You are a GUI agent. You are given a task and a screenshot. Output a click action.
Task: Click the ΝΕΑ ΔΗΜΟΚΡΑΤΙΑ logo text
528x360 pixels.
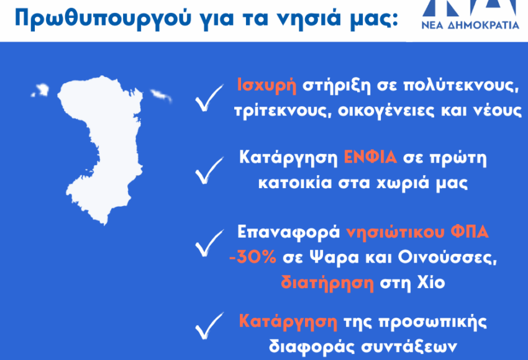point(470,25)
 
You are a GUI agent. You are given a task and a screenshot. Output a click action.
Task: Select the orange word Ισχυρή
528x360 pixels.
point(266,85)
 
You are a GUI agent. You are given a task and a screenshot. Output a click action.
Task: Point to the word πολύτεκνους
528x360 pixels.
point(461,85)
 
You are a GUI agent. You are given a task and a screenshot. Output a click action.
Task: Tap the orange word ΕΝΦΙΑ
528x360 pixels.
point(370,157)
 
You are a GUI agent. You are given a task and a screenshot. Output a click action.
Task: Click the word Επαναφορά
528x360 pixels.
point(289,232)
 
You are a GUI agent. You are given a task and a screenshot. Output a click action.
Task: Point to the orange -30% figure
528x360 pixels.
point(253,258)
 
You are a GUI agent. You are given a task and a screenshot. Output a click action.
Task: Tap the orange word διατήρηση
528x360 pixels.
point(327,283)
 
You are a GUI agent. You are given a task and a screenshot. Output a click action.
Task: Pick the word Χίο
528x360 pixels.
point(431,282)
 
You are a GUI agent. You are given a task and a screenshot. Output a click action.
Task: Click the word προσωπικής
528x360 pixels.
point(433,322)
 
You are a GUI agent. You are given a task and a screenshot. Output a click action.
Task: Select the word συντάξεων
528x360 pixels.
point(409,346)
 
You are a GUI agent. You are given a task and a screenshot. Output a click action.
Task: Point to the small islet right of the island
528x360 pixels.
point(160,95)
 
